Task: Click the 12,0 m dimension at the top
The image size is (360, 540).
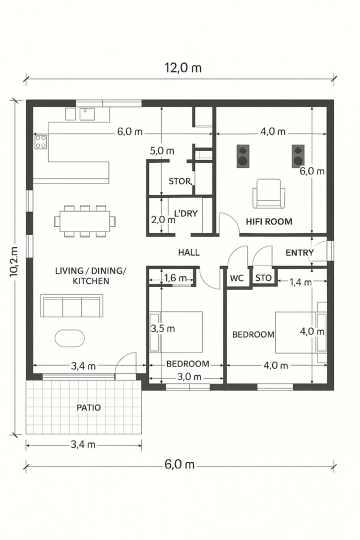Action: click(183, 68)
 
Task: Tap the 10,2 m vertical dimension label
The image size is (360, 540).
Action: click(14, 262)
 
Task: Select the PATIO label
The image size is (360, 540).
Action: click(88, 408)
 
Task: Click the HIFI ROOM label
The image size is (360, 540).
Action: click(269, 222)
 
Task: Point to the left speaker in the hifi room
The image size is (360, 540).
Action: click(243, 156)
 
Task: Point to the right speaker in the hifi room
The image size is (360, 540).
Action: click(298, 156)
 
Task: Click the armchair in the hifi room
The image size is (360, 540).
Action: click(269, 194)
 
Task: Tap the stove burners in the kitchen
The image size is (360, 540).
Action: click(41, 142)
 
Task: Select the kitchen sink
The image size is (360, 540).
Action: click(87, 114)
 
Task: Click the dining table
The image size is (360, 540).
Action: click(85, 221)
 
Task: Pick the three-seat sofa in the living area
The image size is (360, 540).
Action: click(72, 306)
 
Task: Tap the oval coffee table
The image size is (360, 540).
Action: click(70, 338)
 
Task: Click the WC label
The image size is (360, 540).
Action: click(237, 278)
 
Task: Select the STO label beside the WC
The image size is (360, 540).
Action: click(263, 278)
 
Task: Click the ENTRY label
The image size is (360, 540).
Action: click(300, 253)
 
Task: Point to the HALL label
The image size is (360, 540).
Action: click(189, 252)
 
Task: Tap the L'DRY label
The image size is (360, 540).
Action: click(186, 213)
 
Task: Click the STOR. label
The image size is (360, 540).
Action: click(180, 181)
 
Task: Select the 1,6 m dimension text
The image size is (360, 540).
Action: click(175, 278)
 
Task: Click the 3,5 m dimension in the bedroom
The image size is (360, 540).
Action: click(162, 328)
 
